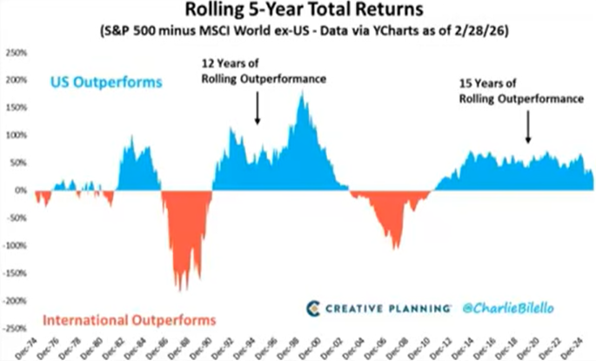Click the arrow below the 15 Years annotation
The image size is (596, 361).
[528, 130]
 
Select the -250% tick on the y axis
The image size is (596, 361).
[16, 329]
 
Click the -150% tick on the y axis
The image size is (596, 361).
[16, 273]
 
